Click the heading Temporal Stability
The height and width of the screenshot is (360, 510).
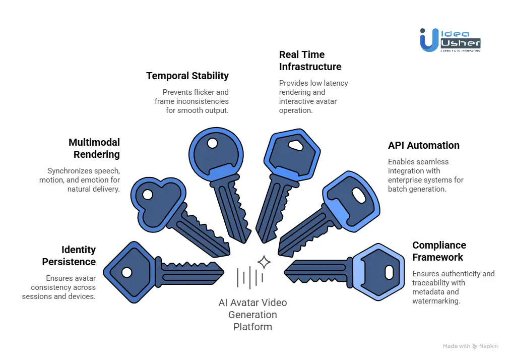[x=187, y=76]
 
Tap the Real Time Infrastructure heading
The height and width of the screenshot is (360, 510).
[x=310, y=61]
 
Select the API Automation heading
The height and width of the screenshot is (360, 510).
[x=423, y=145]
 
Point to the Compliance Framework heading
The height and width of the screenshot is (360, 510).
[x=438, y=251]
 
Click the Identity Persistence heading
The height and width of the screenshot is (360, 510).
[x=69, y=256]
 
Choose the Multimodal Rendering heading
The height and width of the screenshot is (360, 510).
[x=94, y=148]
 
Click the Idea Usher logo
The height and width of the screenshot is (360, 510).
[x=450, y=39]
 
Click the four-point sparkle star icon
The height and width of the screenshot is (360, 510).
[x=264, y=262]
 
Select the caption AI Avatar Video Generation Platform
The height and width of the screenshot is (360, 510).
[x=252, y=315]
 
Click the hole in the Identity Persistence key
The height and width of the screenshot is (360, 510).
[x=127, y=272]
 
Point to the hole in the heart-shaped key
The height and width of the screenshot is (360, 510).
[x=148, y=194]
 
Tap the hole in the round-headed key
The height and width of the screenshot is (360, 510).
[x=212, y=143]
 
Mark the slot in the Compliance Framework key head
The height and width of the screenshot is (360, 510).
[x=389, y=273]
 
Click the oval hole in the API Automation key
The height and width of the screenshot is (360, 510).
[x=358, y=195]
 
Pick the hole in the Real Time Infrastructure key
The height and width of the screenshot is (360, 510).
[x=296, y=145]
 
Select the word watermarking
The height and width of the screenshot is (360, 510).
[x=435, y=301]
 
